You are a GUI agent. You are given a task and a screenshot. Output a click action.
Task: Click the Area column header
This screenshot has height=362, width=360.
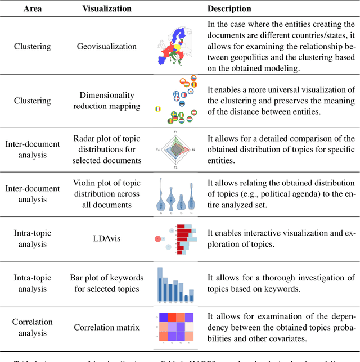pyautogui.click(x=32, y=9)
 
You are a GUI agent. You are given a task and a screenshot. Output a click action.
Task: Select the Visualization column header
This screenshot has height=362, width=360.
pyautogui.click(x=107, y=9)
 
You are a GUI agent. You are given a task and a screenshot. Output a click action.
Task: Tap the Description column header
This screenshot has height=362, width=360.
pyautogui.click(x=229, y=9)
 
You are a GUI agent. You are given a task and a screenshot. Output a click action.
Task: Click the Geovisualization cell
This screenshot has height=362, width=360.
pyautogui.click(x=107, y=46)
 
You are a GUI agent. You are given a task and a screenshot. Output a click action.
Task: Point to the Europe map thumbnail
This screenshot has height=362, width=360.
pyautogui.click(x=175, y=46)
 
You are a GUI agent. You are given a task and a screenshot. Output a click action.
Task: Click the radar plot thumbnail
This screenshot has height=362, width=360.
pyautogui.click(x=175, y=150)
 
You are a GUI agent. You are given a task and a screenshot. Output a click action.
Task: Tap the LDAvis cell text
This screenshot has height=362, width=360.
pyautogui.click(x=107, y=238)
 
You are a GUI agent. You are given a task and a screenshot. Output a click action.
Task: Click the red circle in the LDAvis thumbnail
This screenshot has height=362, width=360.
pyautogui.click(x=158, y=239)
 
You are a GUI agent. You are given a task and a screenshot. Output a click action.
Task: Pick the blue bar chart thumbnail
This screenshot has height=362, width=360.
pyautogui.click(x=175, y=284)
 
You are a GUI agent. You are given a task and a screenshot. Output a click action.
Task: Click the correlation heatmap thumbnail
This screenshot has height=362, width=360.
pyautogui.click(x=175, y=327)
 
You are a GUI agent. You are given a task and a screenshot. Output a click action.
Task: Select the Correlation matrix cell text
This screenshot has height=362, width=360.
pyautogui.click(x=107, y=327)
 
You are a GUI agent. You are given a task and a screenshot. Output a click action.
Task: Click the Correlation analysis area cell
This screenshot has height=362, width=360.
pyautogui.click(x=32, y=327)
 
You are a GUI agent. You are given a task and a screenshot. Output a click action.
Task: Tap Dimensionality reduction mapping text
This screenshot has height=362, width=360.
pyautogui.click(x=107, y=101)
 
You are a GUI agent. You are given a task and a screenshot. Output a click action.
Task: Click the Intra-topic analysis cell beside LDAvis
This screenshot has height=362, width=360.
pyautogui.click(x=32, y=238)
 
